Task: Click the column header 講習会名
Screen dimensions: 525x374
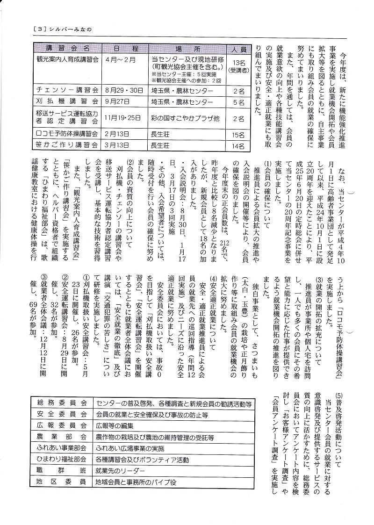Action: tap(68, 49)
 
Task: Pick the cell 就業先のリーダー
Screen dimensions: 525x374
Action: tap(120, 470)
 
